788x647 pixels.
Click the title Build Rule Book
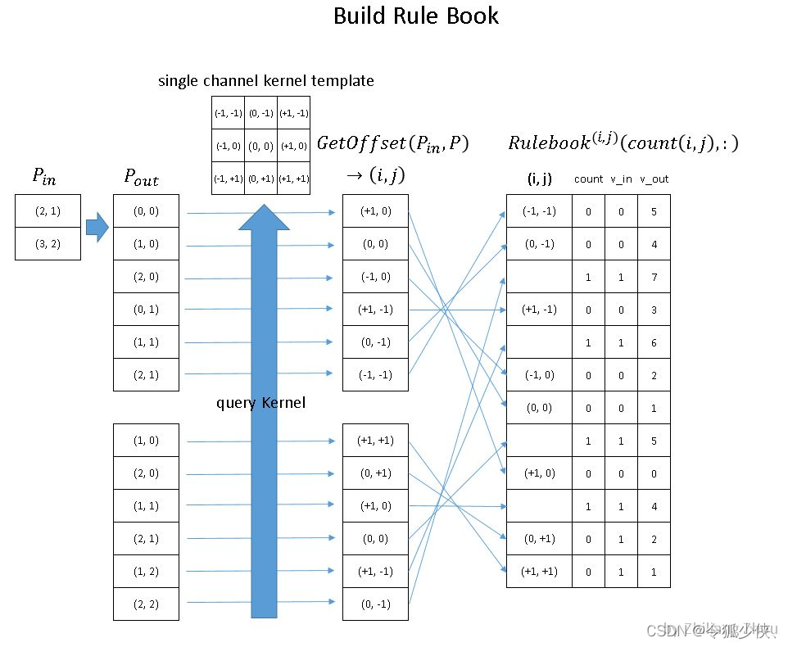tap(415, 16)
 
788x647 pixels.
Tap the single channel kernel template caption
tap(265, 81)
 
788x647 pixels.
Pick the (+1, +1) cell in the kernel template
tap(293, 179)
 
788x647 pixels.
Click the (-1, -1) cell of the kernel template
tap(228, 113)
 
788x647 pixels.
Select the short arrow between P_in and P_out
tap(97, 227)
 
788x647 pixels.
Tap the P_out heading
tap(142, 177)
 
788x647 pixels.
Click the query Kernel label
tap(260, 403)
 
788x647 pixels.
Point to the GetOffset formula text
tap(392, 145)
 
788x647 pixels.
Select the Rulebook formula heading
tap(623, 144)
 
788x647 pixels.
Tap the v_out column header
tap(654, 179)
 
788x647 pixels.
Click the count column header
tap(588, 179)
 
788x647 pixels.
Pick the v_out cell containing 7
tap(654, 277)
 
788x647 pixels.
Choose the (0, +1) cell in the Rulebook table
tap(539, 538)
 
